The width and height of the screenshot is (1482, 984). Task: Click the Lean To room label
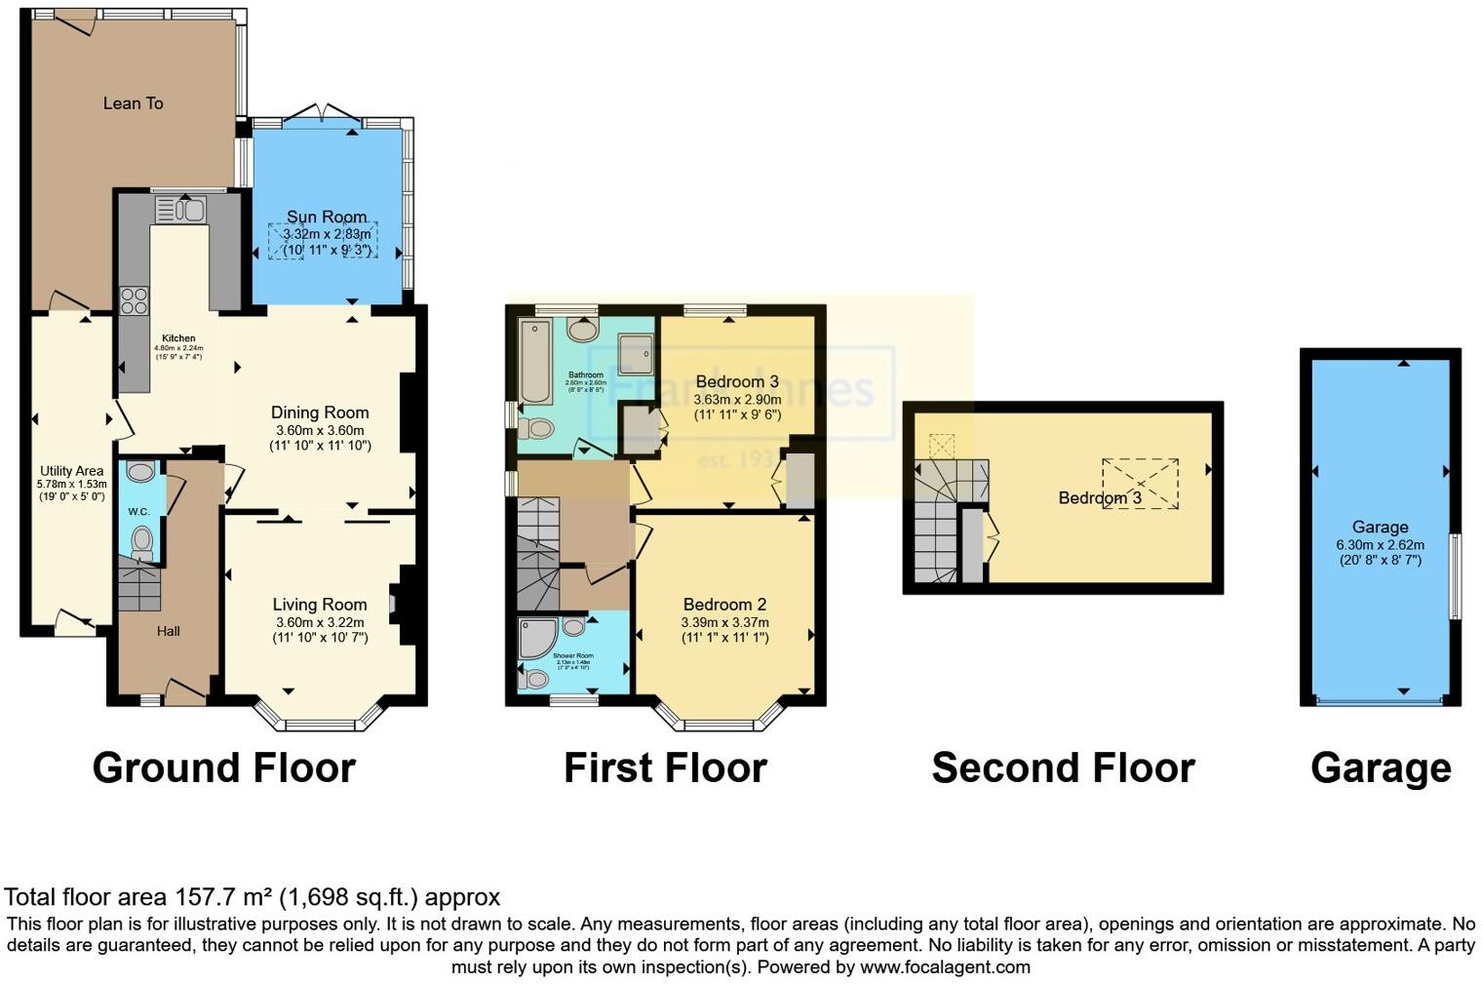coord(133,103)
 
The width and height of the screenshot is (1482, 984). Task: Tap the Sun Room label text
coord(327,216)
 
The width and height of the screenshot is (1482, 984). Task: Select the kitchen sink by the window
coord(179,210)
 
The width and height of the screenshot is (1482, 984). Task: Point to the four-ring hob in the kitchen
coord(134,300)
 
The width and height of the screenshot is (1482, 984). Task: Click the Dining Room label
coord(320,413)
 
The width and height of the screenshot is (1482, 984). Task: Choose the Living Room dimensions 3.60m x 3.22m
coord(320,622)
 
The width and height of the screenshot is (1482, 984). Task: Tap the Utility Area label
coord(70,471)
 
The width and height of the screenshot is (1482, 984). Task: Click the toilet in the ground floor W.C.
coord(142,542)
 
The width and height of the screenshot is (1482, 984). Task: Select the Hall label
coord(169,631)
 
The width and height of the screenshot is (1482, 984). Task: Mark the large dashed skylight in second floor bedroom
coord(1140,484)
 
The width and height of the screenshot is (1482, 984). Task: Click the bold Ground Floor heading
coord(223,768)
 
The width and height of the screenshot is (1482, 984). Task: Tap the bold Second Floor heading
coord(1063,768)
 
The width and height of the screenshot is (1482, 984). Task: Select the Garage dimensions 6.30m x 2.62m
coord(1380,545)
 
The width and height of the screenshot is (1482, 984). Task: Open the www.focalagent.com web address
coord(945,967)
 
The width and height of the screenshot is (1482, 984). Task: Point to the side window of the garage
coord(1454,575)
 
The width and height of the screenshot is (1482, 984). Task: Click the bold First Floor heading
coord(665,768)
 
